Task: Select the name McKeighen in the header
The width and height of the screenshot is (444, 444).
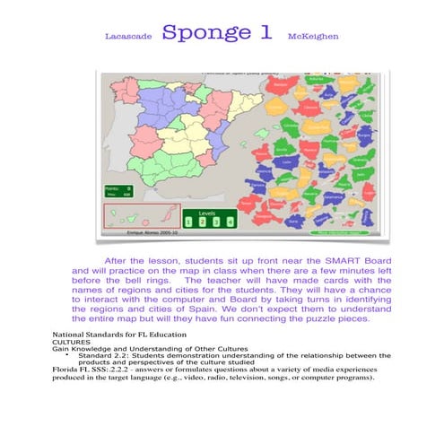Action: point(312,38)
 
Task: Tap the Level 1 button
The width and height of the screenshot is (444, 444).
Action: point(189,221)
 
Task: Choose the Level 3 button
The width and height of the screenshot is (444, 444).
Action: point(216,221)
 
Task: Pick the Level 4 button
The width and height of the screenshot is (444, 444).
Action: point(231,221)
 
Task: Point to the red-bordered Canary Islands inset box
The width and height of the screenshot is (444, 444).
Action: point(135,214)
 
